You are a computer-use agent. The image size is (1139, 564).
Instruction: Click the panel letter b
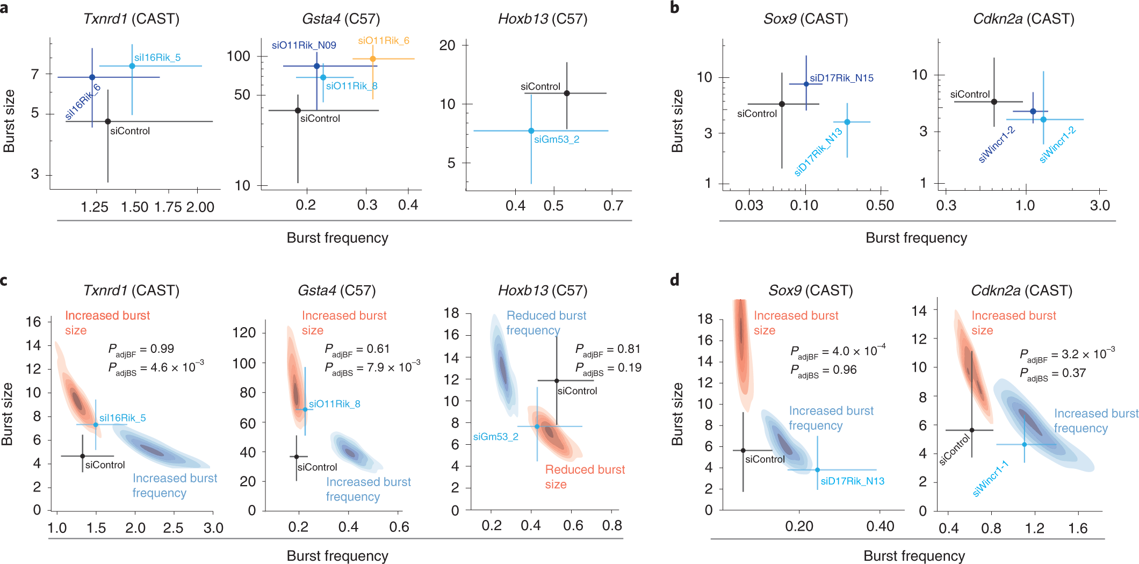coord(675,8)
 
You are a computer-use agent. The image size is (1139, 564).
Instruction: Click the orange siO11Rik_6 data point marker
coord(372,59)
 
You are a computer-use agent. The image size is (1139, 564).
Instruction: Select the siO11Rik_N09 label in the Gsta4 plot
coord(304,45)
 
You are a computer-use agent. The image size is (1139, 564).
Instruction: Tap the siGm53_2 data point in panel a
coord(531,131)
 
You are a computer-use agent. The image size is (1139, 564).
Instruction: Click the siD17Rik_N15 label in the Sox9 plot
coord(841,78)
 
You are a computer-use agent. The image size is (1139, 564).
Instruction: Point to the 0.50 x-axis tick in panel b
coord(880,205)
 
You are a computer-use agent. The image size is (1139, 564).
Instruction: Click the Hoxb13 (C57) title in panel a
coord(542,19)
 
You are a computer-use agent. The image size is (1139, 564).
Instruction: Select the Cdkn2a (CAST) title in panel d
coord(1021,291)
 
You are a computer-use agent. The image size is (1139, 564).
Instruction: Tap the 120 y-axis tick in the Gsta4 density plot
coord(244,332)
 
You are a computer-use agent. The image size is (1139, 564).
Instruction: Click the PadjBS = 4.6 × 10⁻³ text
coord(156,368)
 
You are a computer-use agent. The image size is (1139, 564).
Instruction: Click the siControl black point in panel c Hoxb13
coord(557,381)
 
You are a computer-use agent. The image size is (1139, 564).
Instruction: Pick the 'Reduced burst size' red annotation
coord(585,476)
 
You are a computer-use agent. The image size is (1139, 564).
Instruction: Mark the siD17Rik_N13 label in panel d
coord(852,481)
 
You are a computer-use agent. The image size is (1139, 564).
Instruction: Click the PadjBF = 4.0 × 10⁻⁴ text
coord(838,352)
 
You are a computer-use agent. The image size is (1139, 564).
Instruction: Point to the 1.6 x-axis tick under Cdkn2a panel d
coord(1078,529)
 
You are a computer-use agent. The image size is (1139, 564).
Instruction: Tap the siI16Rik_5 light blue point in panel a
coord(132,66)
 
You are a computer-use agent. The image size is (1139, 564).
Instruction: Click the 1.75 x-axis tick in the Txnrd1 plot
coord(169,207)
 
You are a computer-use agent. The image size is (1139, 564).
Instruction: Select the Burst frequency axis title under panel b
coord(916,238)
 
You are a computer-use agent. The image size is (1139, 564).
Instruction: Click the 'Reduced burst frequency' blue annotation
coord(546,323)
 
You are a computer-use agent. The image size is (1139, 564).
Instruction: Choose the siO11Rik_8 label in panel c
coord(334,404)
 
